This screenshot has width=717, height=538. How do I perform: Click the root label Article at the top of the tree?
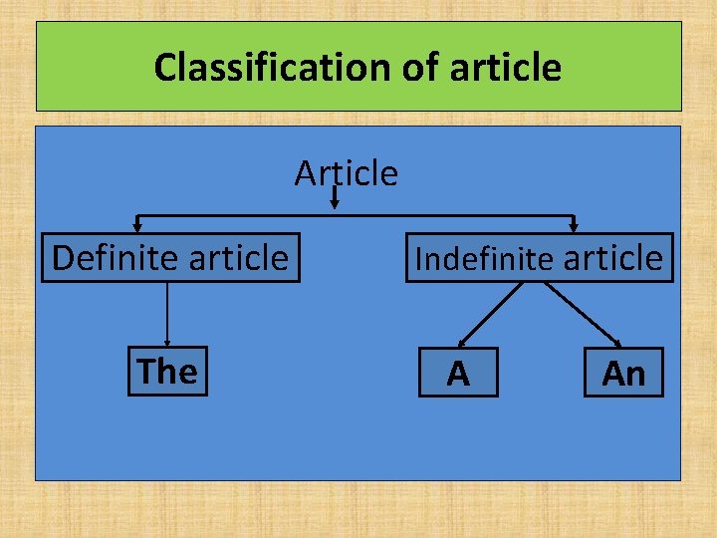point(346,173)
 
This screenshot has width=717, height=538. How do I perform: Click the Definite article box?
point(169,258)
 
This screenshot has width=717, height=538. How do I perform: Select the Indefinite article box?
point(539,258)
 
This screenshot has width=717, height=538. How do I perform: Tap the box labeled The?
point(167,372)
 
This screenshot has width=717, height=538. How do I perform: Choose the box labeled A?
point(458,374)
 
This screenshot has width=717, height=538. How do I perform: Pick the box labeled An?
point(623,374)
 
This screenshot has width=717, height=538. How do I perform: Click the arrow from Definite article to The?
point(167,314)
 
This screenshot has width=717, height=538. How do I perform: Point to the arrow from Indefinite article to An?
point(585,314)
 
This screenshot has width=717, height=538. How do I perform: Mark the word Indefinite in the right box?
point(485,259)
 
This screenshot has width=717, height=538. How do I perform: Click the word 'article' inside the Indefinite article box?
point(613,258)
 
